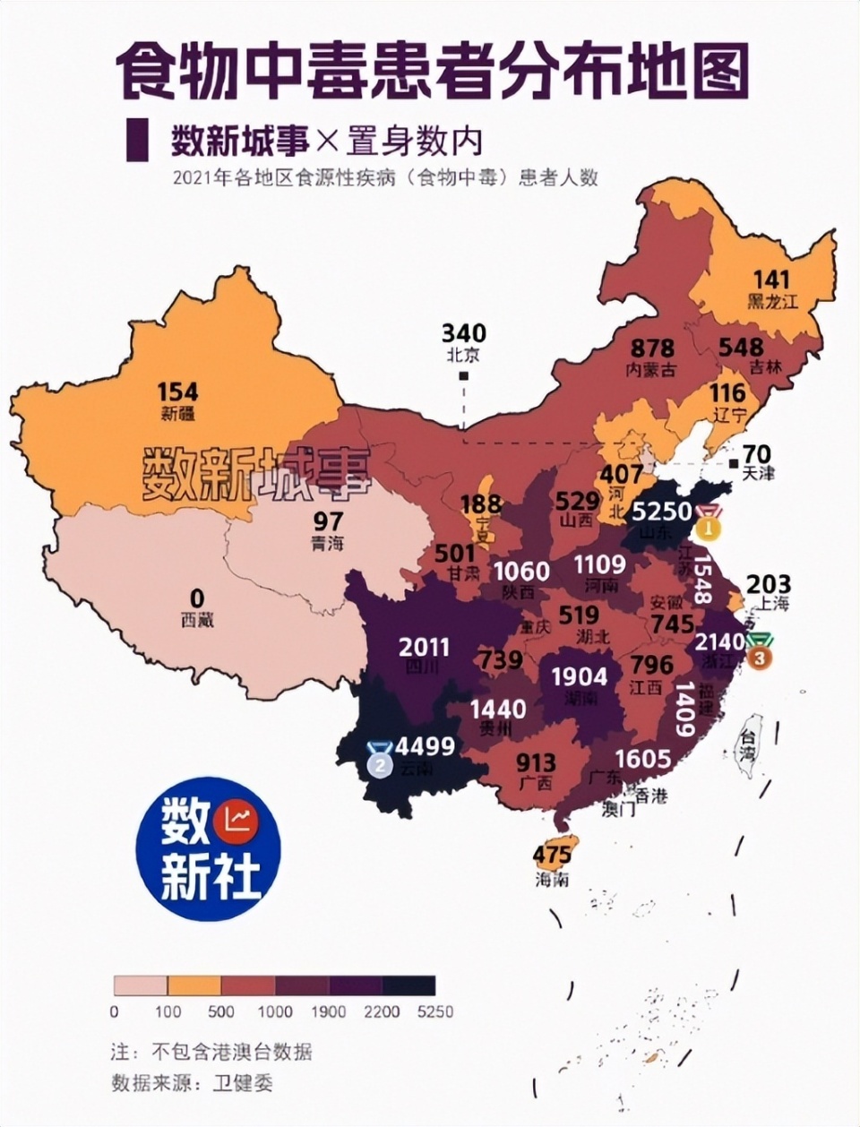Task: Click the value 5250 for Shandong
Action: [662, 512]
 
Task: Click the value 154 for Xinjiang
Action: [177, 392]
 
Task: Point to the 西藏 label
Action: [197, 619]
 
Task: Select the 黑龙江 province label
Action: [772, 302]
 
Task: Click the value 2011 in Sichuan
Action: [425, 647]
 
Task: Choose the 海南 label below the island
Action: [553, 880]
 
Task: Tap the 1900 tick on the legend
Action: [329, 1011]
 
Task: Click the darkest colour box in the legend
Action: [408, 985]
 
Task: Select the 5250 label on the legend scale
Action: [435, 1011]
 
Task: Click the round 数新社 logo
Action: [209, 848]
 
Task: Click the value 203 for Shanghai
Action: [768, 583]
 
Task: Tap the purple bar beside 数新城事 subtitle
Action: [137, 140]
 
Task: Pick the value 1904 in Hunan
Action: [579, 676]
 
